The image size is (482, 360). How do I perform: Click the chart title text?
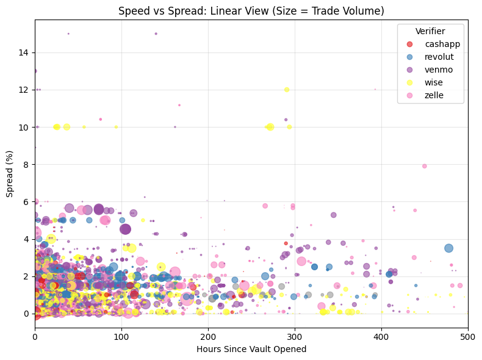click(251, 10)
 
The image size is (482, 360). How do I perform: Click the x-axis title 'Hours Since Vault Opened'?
click(251, 349)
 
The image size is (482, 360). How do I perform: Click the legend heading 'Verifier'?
click(430, 31)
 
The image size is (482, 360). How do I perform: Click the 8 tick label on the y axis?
click(28, 165)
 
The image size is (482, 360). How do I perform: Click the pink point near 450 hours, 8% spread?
click(425, 166)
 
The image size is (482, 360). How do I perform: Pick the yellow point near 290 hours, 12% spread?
click(287, 90)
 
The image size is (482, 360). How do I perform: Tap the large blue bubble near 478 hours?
click(449, 248)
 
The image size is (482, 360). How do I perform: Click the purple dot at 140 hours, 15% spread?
click(156, 34)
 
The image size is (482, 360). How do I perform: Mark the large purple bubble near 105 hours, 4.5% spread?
click(126, 229)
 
